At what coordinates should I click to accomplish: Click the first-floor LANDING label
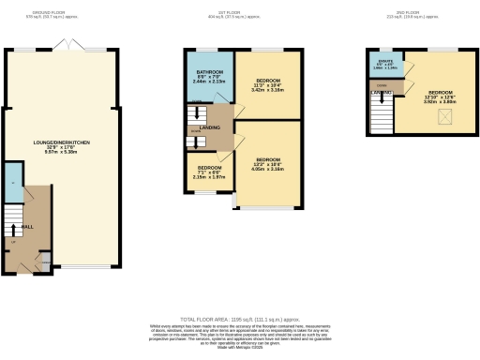point(210,128)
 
